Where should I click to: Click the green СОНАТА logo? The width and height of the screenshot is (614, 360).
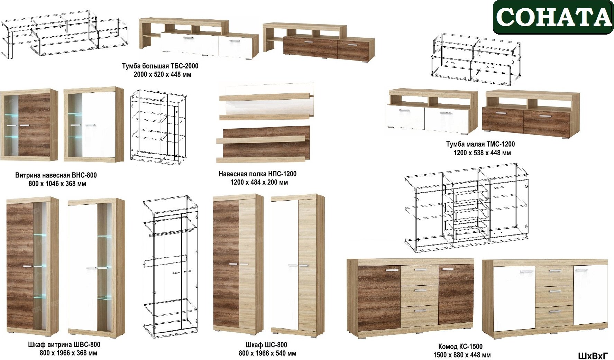553,17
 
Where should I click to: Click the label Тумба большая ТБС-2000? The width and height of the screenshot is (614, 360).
160,66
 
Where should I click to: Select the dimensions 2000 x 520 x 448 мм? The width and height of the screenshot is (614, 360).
162,74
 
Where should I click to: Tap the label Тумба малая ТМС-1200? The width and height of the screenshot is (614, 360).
480,144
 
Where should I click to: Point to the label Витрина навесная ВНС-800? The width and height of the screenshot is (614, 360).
56,175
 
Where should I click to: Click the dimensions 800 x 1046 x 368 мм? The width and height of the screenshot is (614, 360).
57,184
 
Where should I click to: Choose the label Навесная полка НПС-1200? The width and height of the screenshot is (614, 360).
257,174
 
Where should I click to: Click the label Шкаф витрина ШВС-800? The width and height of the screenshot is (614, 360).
64,345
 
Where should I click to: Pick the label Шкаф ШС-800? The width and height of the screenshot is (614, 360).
266,345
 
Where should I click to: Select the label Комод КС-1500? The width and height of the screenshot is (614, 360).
460,347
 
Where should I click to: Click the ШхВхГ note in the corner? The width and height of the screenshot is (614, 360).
593,356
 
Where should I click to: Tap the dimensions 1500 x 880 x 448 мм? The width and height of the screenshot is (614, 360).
462,355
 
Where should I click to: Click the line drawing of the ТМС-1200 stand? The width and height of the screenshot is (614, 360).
476,59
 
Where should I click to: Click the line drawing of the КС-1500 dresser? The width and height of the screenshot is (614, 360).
466,207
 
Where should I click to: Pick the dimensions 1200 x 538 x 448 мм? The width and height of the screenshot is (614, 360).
482,153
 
